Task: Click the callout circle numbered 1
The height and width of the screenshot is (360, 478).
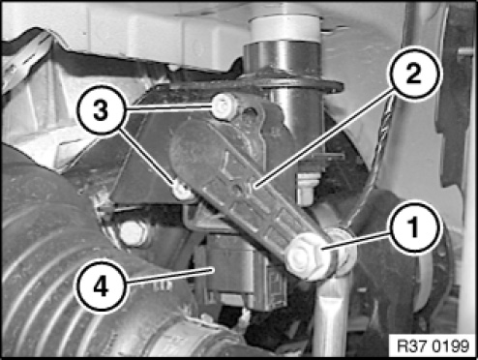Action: point(414,227)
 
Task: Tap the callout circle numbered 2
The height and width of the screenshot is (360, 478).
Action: point(415,73)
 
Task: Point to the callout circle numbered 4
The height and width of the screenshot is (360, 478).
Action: point(101,286)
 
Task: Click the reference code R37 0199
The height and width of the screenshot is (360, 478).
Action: point(433,346)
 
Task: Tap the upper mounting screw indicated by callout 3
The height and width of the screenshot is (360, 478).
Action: point(224,106)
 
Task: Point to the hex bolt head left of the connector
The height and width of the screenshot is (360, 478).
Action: point(134,233)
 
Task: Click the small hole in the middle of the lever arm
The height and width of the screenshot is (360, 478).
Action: point(238,190)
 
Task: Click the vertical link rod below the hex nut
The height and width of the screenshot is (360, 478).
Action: point(332,317)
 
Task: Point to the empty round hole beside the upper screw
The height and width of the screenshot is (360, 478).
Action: point(251,113)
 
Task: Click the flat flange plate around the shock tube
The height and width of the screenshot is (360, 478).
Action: point(254,84)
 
